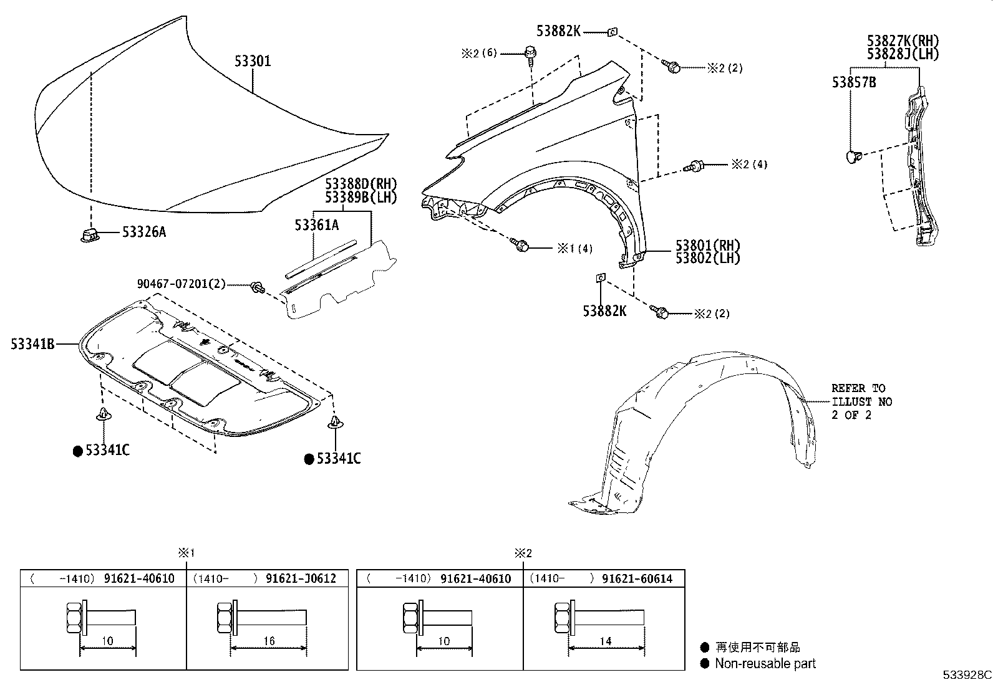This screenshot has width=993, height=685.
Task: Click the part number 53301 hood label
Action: (x=253, y=61)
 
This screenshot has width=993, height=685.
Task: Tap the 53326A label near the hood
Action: (x=144, y=232)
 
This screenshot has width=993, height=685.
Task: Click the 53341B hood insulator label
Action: (x=32, y=343)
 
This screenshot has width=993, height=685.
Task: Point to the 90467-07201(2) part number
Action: (x=181, y=284)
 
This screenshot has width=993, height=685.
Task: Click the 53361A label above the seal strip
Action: (x=316, y=225)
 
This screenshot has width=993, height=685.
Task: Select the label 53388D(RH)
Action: (x=360, y=184)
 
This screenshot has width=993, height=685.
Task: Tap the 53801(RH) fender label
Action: (x=707, y=245)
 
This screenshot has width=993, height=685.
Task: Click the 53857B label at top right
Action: (x=853, y=82)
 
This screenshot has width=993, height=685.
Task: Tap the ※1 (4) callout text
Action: (x=574, y=249)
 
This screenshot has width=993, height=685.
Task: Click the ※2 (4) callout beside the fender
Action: (x=749, y=165)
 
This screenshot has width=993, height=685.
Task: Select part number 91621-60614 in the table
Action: (x=637, y=578)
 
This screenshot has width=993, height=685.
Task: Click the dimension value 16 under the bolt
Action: (x=269, y=641)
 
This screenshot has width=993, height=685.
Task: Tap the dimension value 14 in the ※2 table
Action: (x=605, y=641)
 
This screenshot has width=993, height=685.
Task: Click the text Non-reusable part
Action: (x=765, y=664)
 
